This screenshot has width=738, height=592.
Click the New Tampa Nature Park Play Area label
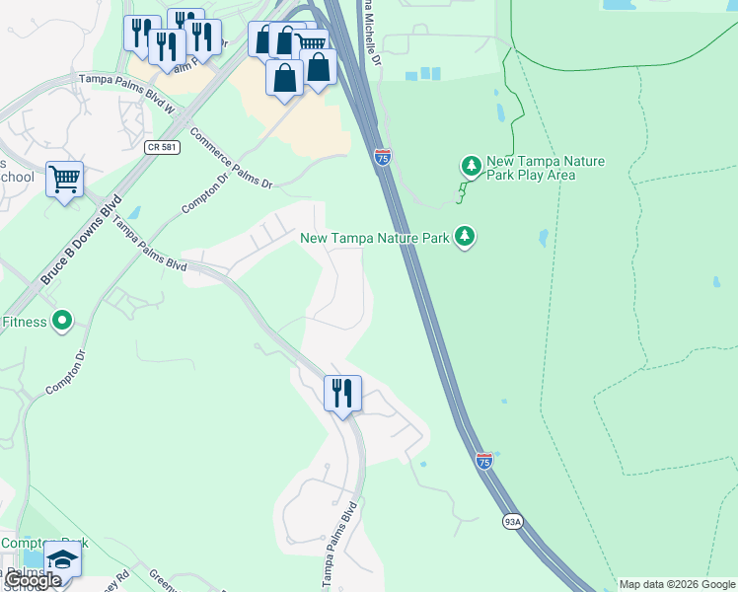pos(546,168)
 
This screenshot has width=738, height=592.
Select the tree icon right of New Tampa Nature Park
pos(465,237)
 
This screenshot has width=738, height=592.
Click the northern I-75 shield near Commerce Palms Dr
pos(383,157)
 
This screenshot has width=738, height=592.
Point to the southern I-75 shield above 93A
pos(483,461)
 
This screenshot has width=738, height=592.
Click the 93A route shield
pos(512,521)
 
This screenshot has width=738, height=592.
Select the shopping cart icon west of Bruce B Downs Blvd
pos(64,180)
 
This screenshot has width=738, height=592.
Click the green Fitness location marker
pos(62,321)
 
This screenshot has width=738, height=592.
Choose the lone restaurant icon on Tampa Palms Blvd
pos(342,394)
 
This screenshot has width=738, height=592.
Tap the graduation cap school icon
pos(63,559)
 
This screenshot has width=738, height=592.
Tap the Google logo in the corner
pos(33,580)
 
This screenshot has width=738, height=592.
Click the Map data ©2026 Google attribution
pos(677,584)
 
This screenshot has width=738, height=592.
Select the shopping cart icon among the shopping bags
pos(312,44)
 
